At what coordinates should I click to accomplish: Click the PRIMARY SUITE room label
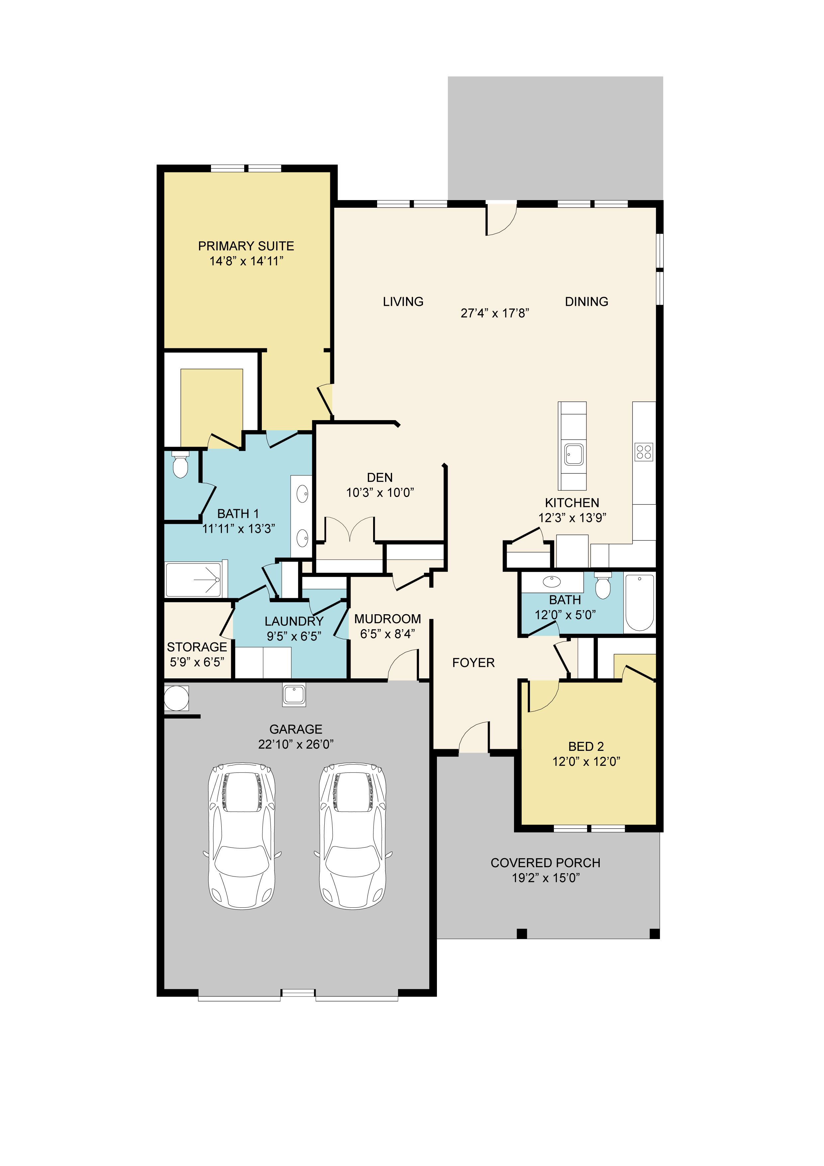pos(246,246)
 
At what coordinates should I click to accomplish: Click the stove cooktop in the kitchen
pos(644,452)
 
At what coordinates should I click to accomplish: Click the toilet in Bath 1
pos(180,464)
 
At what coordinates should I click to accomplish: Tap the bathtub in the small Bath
pos(640,602)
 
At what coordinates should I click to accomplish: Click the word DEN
pos(380,478)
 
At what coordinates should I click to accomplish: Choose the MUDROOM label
pos(387,619)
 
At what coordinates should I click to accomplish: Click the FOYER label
pos(473,663)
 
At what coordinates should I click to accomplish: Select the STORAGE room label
pos(197,647)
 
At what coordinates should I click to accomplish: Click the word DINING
pos(586,302)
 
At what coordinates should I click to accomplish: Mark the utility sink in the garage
pos(294,695)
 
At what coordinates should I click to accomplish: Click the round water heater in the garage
pos(176,698)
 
